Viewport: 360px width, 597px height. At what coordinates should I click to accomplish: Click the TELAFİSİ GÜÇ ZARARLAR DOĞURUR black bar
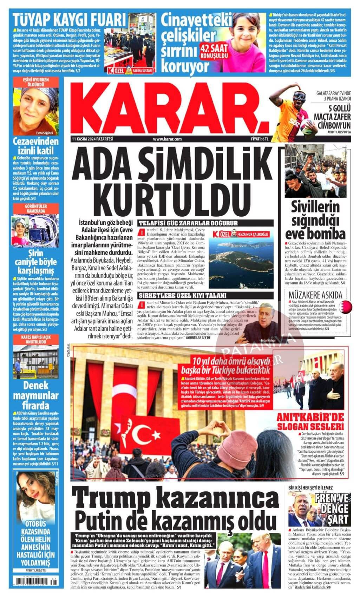205,223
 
